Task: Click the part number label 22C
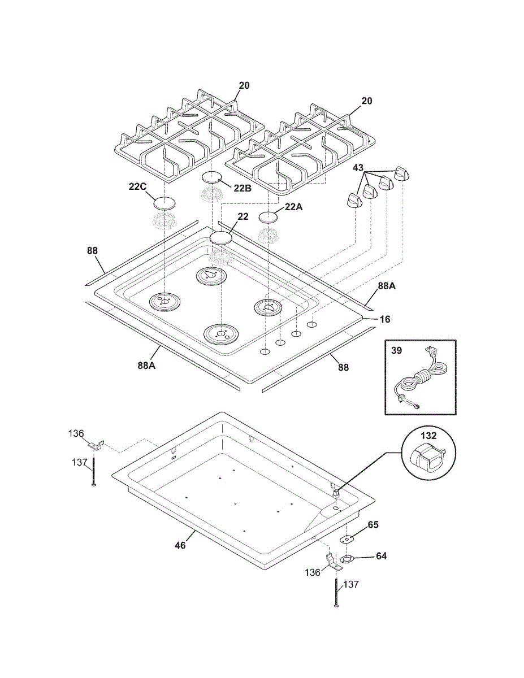tap(137, 187)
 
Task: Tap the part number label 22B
tap(242, 189)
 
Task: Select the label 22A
tap(293, 207)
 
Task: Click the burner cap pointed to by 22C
tap(164, 203)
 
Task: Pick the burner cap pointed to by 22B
tap(213, 177)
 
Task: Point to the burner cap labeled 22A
tap(269, 217)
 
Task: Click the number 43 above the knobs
tap(358, 168)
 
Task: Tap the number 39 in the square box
tap(397, 351)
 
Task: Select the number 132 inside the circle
tap(428, 436)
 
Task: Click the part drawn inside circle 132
tap(428, 458)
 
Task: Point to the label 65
tap(373, 525)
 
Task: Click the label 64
tap(381, 556)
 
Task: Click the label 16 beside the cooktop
tap(385, 319)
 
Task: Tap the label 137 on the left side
tap(79, 462)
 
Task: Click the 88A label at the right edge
tap(387, 286)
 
